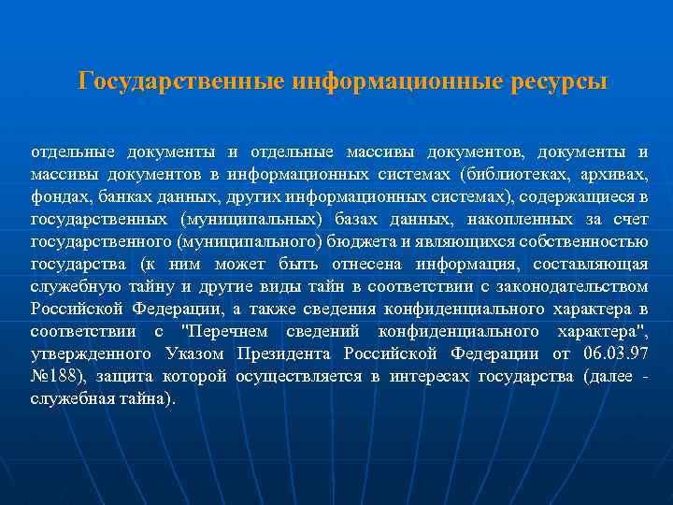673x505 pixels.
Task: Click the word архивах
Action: point(612,174)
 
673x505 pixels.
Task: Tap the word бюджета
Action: point(354,241)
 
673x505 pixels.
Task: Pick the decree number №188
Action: point(54,376)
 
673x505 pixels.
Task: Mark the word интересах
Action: point(426,376)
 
